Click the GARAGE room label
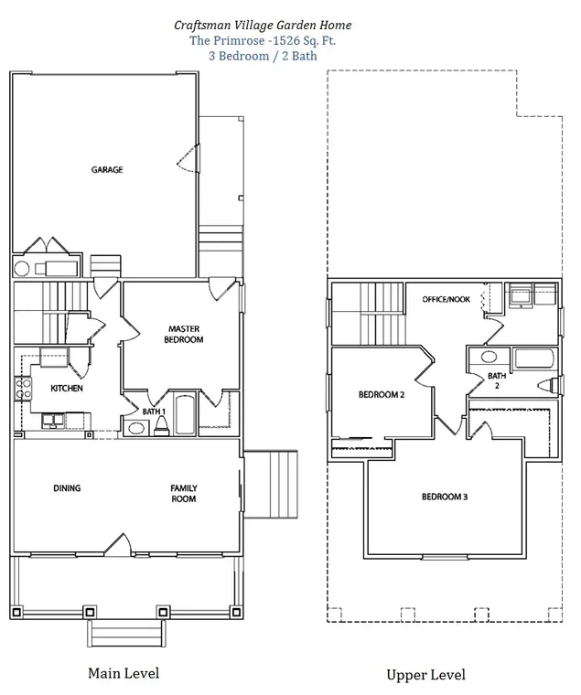click(x=107, y=170)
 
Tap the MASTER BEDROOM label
click(x=184, y=334)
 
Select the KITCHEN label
click(x=67, y=389)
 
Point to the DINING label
click(x=67, y=488)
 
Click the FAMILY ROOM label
click(x=184, y=493)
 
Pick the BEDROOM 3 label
click(x=445, y=497)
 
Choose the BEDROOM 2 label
click(x=382, y=394)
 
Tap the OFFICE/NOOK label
click(x=446, y=300)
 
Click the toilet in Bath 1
click(x=160, y=425)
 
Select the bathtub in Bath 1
click(x=186, y=413)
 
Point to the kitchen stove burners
click(x=23, y=389)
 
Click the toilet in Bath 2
click(x=548, y=385)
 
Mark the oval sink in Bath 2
click(x=490, y=357)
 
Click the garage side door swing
click(x=188, y=158)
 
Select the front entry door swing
click(x=118, y=544)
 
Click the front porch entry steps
click(x=126, y=633)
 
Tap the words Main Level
click(x=124, y=673)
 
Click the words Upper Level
click(x=425, y=675)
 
